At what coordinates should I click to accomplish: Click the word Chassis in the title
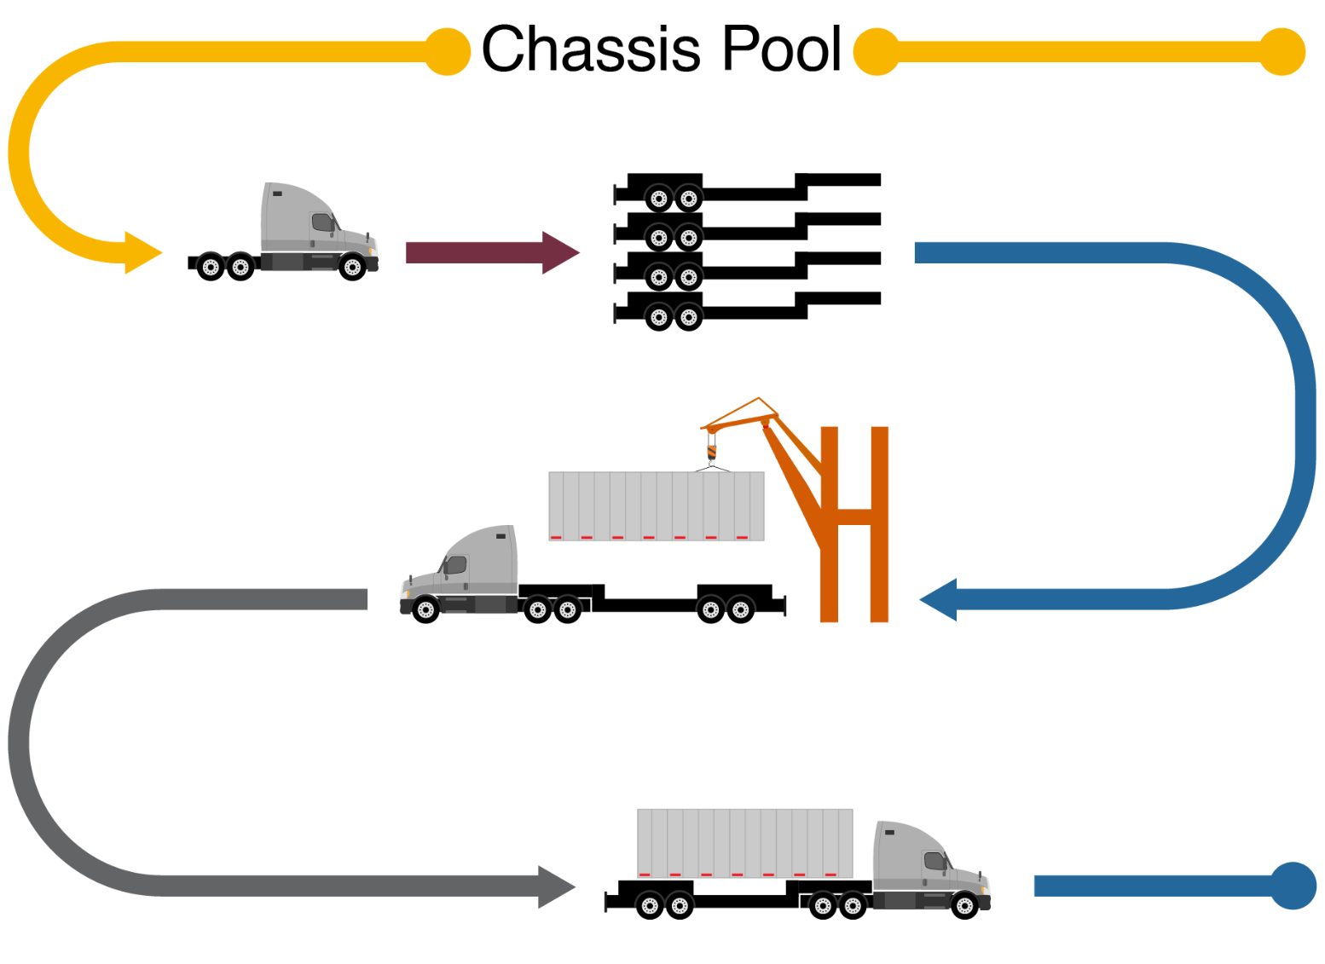(591, 49)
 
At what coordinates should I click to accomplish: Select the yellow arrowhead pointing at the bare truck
(142, 252)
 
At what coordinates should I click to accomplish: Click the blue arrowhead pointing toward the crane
(940, 600)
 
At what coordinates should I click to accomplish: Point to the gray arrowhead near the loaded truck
(556, 886)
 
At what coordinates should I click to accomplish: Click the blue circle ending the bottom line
(1293, 886)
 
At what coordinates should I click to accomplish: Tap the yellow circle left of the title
(448, 51)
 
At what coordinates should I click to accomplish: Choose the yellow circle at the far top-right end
(1282, 52)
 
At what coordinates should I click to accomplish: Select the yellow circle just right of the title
(877, 51)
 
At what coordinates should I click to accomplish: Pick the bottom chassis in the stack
(746, 308)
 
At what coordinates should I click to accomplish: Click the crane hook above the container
(712, 452)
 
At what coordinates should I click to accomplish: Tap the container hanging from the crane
(656, 505)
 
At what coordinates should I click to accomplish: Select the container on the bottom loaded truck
(744, 842)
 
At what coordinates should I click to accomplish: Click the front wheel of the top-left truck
(352, 268)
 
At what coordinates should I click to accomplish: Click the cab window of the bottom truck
(934, 861)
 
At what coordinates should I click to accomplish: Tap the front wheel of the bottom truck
(964, 905)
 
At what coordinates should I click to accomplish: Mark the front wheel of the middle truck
(425, 609)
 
